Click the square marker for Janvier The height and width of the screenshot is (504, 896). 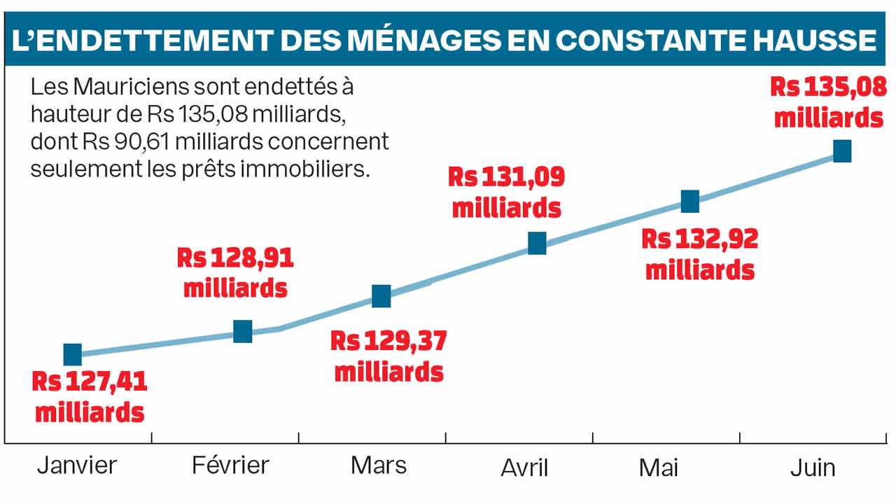click(72, 355)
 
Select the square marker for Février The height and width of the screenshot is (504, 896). click(242, 331)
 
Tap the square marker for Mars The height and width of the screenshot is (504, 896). click(381, 296)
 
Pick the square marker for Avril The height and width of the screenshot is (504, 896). click(537, 243)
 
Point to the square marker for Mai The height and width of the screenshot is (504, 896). click(690, 202)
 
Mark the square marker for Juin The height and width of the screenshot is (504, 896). click(842, 151)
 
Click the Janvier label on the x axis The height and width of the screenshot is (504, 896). click(77, 465)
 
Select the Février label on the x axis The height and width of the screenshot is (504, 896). click(230, 465)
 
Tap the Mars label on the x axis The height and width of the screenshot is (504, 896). click(379, 465)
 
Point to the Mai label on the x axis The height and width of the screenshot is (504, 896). click(659, 468)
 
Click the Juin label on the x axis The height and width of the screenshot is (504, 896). click(813, 468)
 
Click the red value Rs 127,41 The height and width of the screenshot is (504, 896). click(90, 384)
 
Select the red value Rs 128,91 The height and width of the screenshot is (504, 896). click(235, 259)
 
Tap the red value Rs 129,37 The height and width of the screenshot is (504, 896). click(388, 342)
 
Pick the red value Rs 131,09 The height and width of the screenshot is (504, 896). click(506, 178)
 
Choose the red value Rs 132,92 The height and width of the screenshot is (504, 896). click(700, 240)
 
